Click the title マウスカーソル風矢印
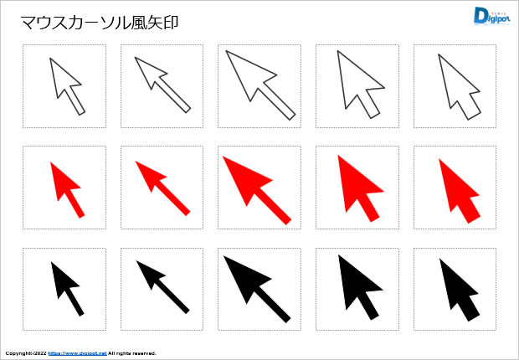coord(100,23)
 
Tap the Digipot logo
coord(491,16)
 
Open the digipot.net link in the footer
coord(78,353)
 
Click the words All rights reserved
coord(132,353)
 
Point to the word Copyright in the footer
coord(17,353)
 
